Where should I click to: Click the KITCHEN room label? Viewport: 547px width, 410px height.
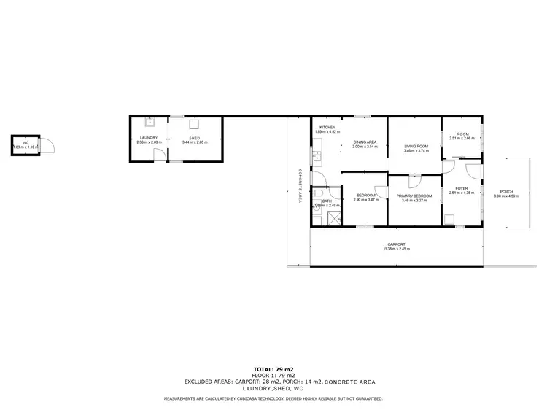pyautogui.click(x=325, y=128)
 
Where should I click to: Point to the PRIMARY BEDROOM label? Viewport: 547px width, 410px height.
pyautogui.click(x=415, y=196)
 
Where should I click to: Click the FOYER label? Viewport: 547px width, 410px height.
pyautogui.click(x=462, y=189)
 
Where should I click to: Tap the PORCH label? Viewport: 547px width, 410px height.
pyautogui.click(x=506, y=191)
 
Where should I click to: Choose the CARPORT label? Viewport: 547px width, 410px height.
pyautogui.click(x=396, y=244)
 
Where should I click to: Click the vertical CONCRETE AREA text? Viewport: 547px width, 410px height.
pyautogui.click(x=299, y=186)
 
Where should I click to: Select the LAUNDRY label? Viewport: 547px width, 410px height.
pyautogui.click(x=149, y=137)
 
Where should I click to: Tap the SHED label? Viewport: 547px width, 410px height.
pyautogui.click(x=194, y=137)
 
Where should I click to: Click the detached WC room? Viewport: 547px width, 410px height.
pyautogui.click(x=26, y=145)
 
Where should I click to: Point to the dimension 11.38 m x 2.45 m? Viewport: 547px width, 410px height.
pyautogui.click(x=396, y=250)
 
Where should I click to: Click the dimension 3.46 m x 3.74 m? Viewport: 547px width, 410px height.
pyautogui.click(x=416, y=151)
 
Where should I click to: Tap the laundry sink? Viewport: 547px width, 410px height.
pyautogui.click(x=148, y=121)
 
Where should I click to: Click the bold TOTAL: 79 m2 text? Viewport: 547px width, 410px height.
pyautogui.click(x=273, y=370)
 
